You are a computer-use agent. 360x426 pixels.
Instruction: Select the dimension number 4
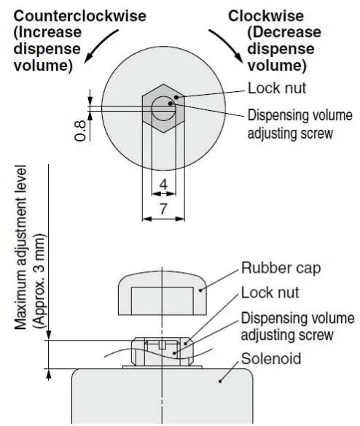point(163,185)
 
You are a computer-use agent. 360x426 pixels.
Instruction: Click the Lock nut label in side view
point(270,293)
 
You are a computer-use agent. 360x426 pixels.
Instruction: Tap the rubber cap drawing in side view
point(161,295)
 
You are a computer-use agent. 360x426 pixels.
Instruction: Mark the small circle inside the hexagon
point(163,109)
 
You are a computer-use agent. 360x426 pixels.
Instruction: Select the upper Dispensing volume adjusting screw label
point(300,124)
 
